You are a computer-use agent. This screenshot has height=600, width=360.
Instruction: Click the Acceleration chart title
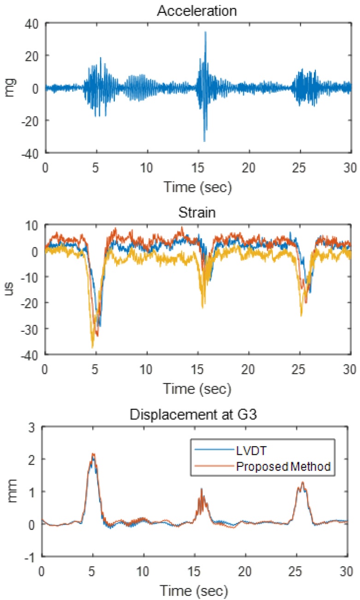coord(197,11)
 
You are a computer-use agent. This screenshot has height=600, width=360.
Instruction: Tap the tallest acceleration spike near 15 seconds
coord(206,32)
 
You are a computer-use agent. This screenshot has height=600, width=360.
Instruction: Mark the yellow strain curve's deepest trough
coord(93,347)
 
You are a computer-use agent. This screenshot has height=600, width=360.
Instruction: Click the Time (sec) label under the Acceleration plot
coord(197,188)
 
